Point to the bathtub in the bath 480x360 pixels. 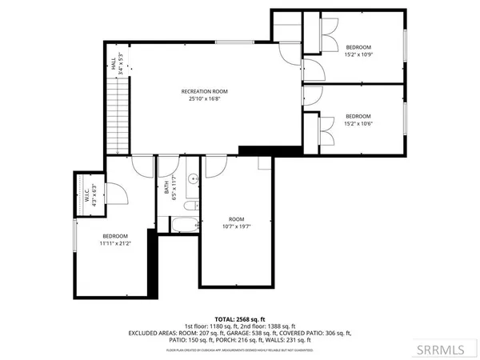click(x=184, y=224)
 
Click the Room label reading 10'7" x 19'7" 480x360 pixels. click(x=236, y=222)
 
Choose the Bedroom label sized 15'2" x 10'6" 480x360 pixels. click(x=358, y=119)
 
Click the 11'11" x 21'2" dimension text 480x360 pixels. click(x=115, y=244)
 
